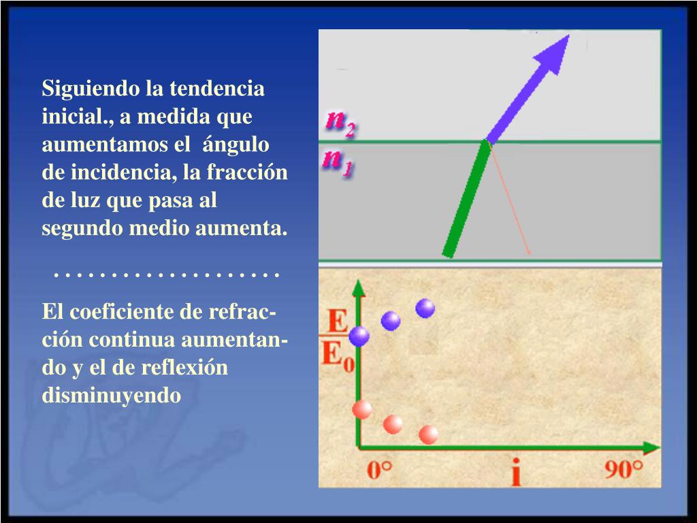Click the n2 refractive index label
pyautogui.click(x=340, y=123)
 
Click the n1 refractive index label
pyautogui.click(x=338, y=162)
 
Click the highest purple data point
pyautogui.click(x=425, y=308)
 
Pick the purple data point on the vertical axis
pyautogui.click(x=359, y=335)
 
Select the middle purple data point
pyautogui.click(x=391, y=321)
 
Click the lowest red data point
pyautogui.click(x=428, y=434)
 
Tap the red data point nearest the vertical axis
pyautogui.click(x=362, y=409)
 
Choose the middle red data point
pyautogui.click(x=393, y=424)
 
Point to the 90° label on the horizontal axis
pyautogui.click(x=623, y=471)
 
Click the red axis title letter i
pyautogui.click(x=515, y=472)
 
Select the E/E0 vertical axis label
pyautogui.click(x=338, y=340)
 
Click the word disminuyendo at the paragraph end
pyautogui.click(x=112, y=396)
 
